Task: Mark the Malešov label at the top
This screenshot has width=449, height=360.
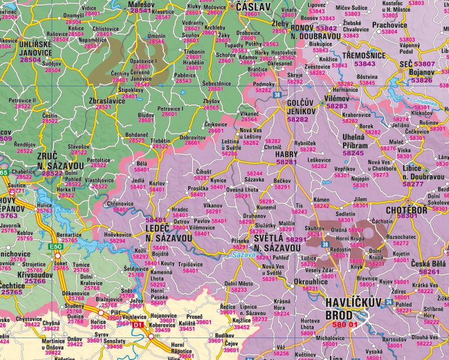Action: point(140,4)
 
